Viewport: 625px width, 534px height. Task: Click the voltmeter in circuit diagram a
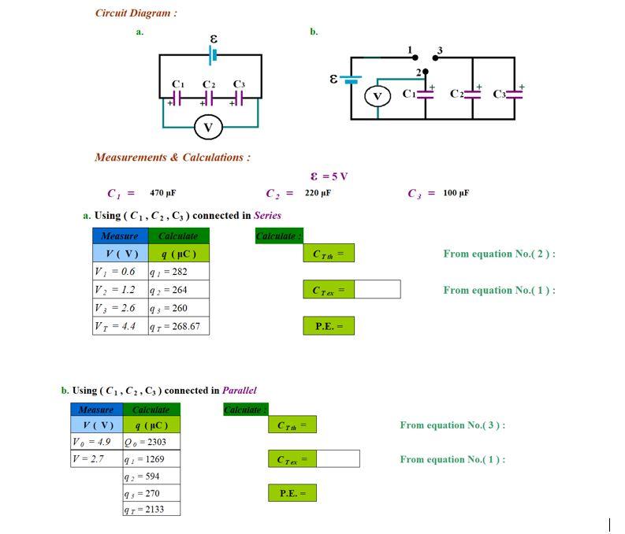208,127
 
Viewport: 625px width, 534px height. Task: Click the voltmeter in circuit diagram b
377,96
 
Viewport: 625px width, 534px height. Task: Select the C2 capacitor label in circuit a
209,84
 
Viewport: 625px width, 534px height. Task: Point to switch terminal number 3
439,51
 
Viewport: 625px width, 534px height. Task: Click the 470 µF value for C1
162,193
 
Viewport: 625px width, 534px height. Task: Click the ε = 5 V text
329,176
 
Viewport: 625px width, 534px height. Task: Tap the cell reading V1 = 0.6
120,271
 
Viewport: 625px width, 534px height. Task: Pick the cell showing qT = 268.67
178,326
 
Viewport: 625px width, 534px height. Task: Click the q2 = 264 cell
178,290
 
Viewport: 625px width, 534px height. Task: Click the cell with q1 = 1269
151,458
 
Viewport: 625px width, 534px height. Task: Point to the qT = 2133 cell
151,510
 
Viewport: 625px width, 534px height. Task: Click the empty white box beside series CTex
378,290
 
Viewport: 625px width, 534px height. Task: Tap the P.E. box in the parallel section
292,494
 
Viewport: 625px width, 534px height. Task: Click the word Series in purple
267,215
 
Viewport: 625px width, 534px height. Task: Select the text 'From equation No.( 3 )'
452,425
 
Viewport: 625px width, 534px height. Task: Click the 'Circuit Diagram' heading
136,13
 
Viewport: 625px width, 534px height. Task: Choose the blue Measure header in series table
120,235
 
